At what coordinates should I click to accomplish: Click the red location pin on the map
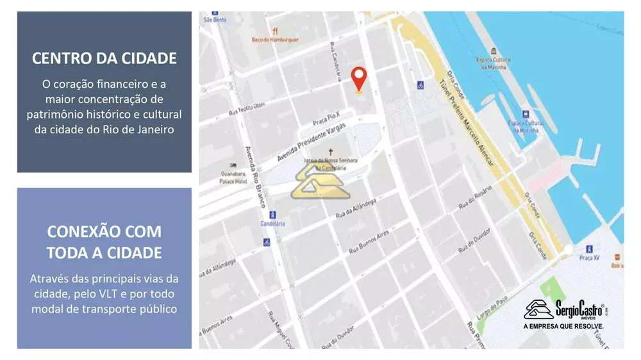pos(360,79)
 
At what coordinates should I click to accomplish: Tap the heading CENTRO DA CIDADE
pos(104,58)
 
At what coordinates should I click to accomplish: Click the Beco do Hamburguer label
pos(274,39)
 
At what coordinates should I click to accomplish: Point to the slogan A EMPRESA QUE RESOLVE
pos(564,327)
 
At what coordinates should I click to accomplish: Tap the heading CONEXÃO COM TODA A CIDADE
pos(104,241)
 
